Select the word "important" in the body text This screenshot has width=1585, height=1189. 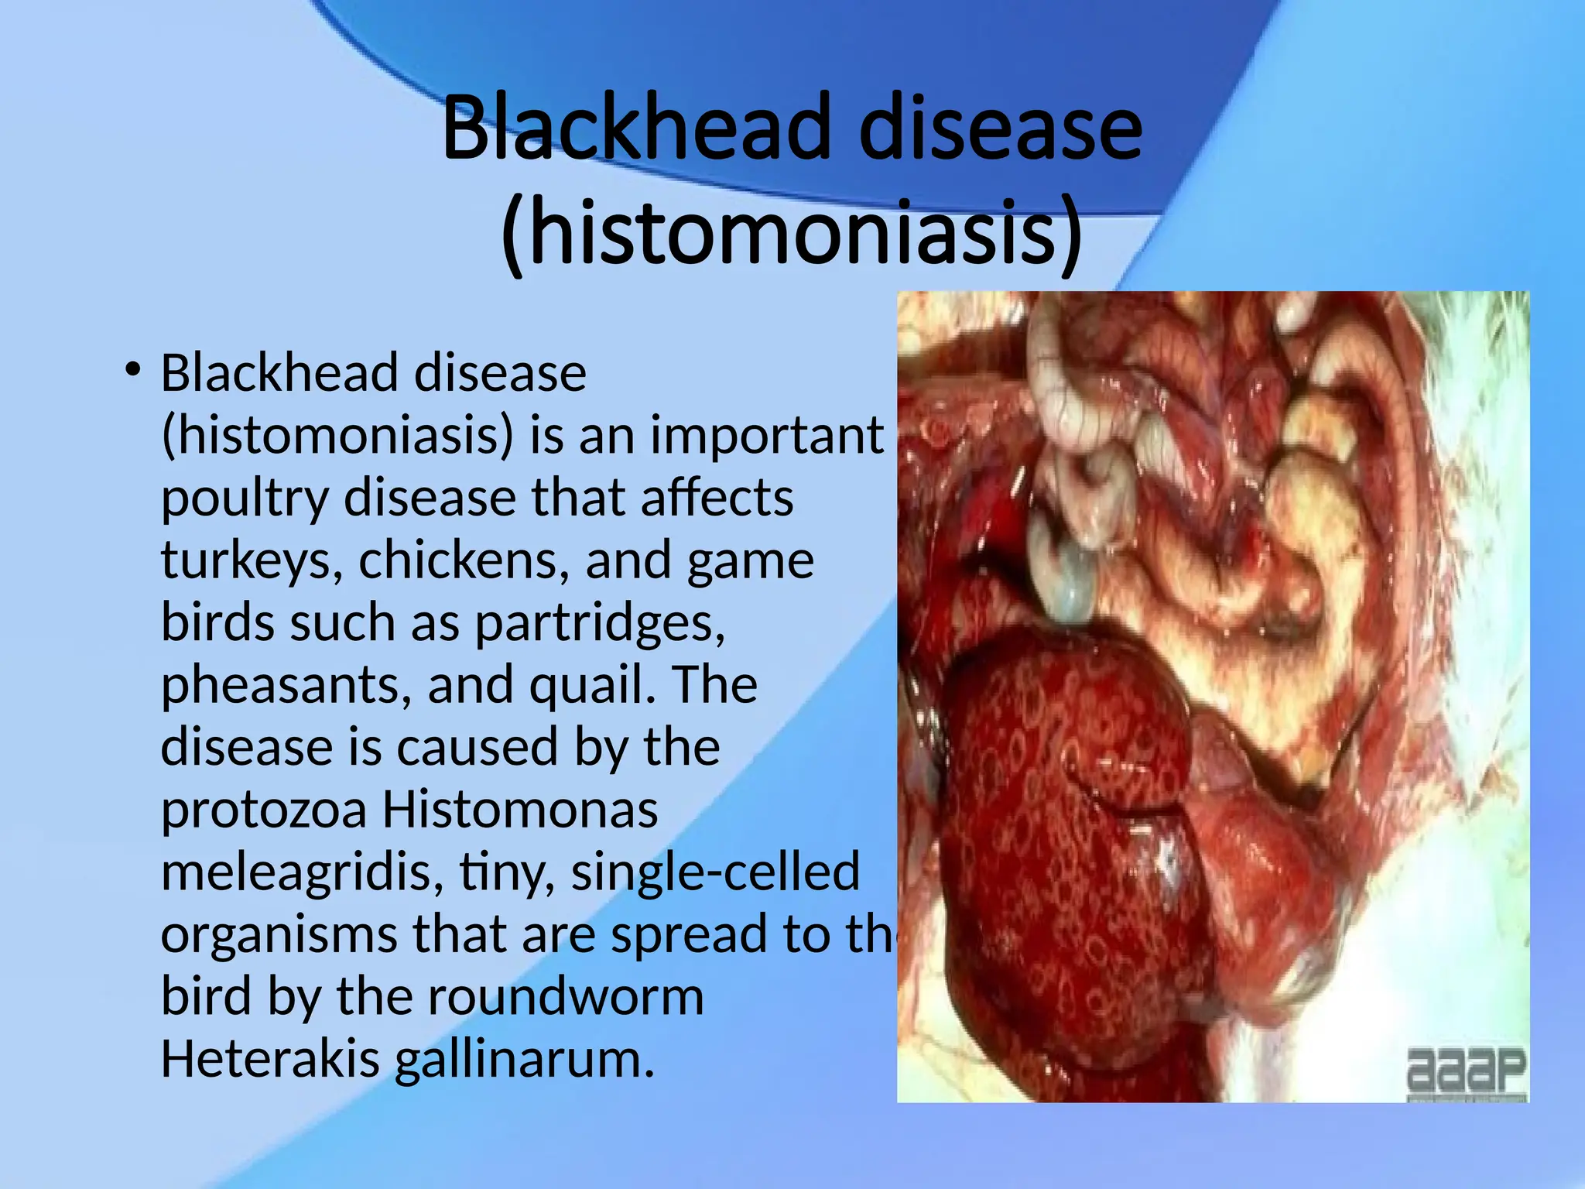(766, 435)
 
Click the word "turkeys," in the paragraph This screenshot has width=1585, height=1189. (252, 560)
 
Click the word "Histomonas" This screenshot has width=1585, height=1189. (520, 810)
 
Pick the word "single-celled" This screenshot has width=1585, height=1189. (715, 872)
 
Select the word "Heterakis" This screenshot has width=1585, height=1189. (270, 1059)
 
